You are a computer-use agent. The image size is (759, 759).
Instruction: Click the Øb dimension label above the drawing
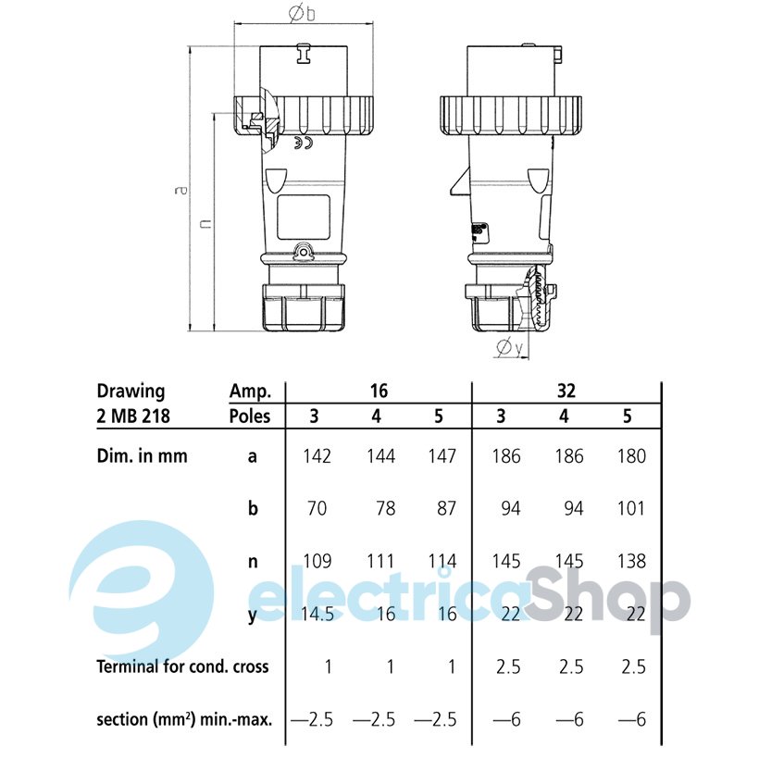tap(302, 13)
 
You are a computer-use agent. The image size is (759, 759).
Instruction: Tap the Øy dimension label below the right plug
tap(510, 347)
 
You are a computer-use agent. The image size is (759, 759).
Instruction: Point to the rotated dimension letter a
tap(181, 190)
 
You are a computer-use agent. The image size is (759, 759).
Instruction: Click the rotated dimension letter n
tap(205, 223)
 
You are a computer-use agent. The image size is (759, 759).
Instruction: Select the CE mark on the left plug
tap(304, 143)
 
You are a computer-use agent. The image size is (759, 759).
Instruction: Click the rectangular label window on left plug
tap(304, 218)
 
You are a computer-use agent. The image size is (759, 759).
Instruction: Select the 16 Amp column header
tap(379, 391)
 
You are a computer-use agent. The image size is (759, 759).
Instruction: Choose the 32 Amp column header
tap(566, 391)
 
